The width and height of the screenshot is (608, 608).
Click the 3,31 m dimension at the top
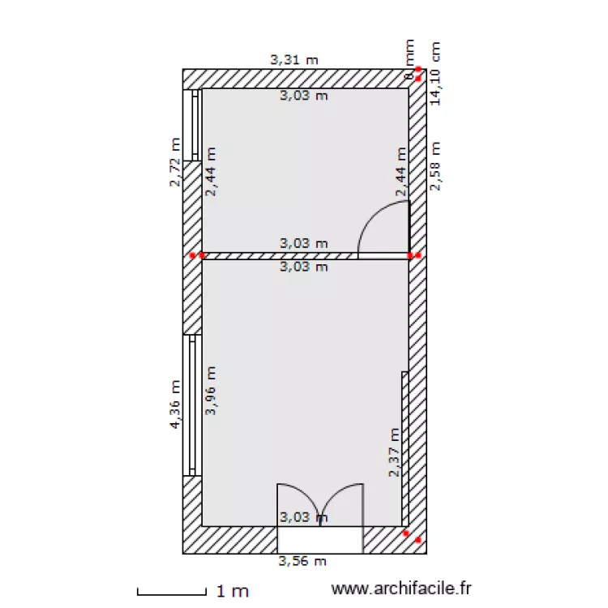coord(293,59)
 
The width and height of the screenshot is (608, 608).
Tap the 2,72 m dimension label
coord(175,162)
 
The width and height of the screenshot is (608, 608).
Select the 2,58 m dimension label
coord(435,166)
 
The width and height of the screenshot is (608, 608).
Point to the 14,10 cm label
coord(435,74)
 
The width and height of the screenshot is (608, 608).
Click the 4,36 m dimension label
coord(175,405)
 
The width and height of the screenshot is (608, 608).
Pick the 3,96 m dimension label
coord(211,391)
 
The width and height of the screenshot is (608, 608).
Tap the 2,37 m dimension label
coord(394,452)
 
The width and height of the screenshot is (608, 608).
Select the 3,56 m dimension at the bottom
coord(302,560)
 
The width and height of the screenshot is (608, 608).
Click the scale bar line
coord(170,592)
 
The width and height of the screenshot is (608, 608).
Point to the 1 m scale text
coord(232,592)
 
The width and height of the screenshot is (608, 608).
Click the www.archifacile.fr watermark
coord(401,591)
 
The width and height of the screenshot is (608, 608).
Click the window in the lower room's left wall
coord(192,405)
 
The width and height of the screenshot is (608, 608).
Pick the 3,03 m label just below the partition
coord(304,266)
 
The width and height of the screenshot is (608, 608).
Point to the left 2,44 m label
coord(211,172)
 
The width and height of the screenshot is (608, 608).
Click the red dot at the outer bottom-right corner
coord(418,540)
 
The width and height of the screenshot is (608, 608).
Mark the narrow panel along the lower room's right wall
coord(405,448)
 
